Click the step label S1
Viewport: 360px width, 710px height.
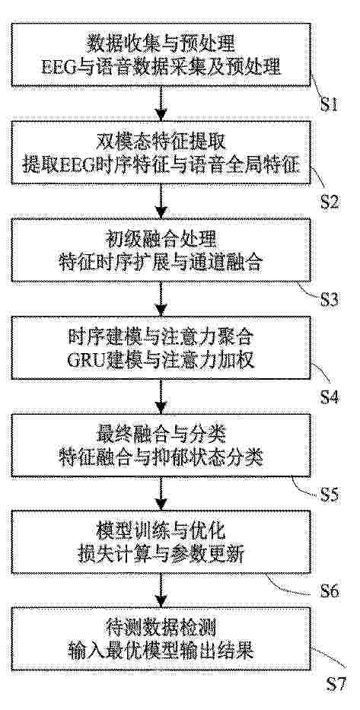tap(330, 105)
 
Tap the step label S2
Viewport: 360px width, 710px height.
tap(330, 202)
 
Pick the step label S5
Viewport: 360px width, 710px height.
tap(330, 495)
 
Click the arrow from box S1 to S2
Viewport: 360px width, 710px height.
tap(161, 103)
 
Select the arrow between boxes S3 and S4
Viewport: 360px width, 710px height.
tap(161, 298)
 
